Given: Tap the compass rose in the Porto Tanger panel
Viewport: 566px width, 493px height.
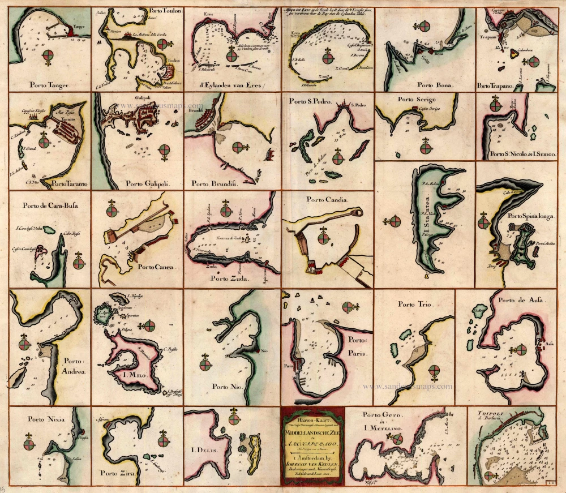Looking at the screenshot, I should (49, 54).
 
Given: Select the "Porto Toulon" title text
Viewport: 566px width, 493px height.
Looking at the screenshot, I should (164, 11).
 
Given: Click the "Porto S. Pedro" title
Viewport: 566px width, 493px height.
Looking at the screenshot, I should (310, 102).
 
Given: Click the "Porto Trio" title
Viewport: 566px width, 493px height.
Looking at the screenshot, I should (414, 304).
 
